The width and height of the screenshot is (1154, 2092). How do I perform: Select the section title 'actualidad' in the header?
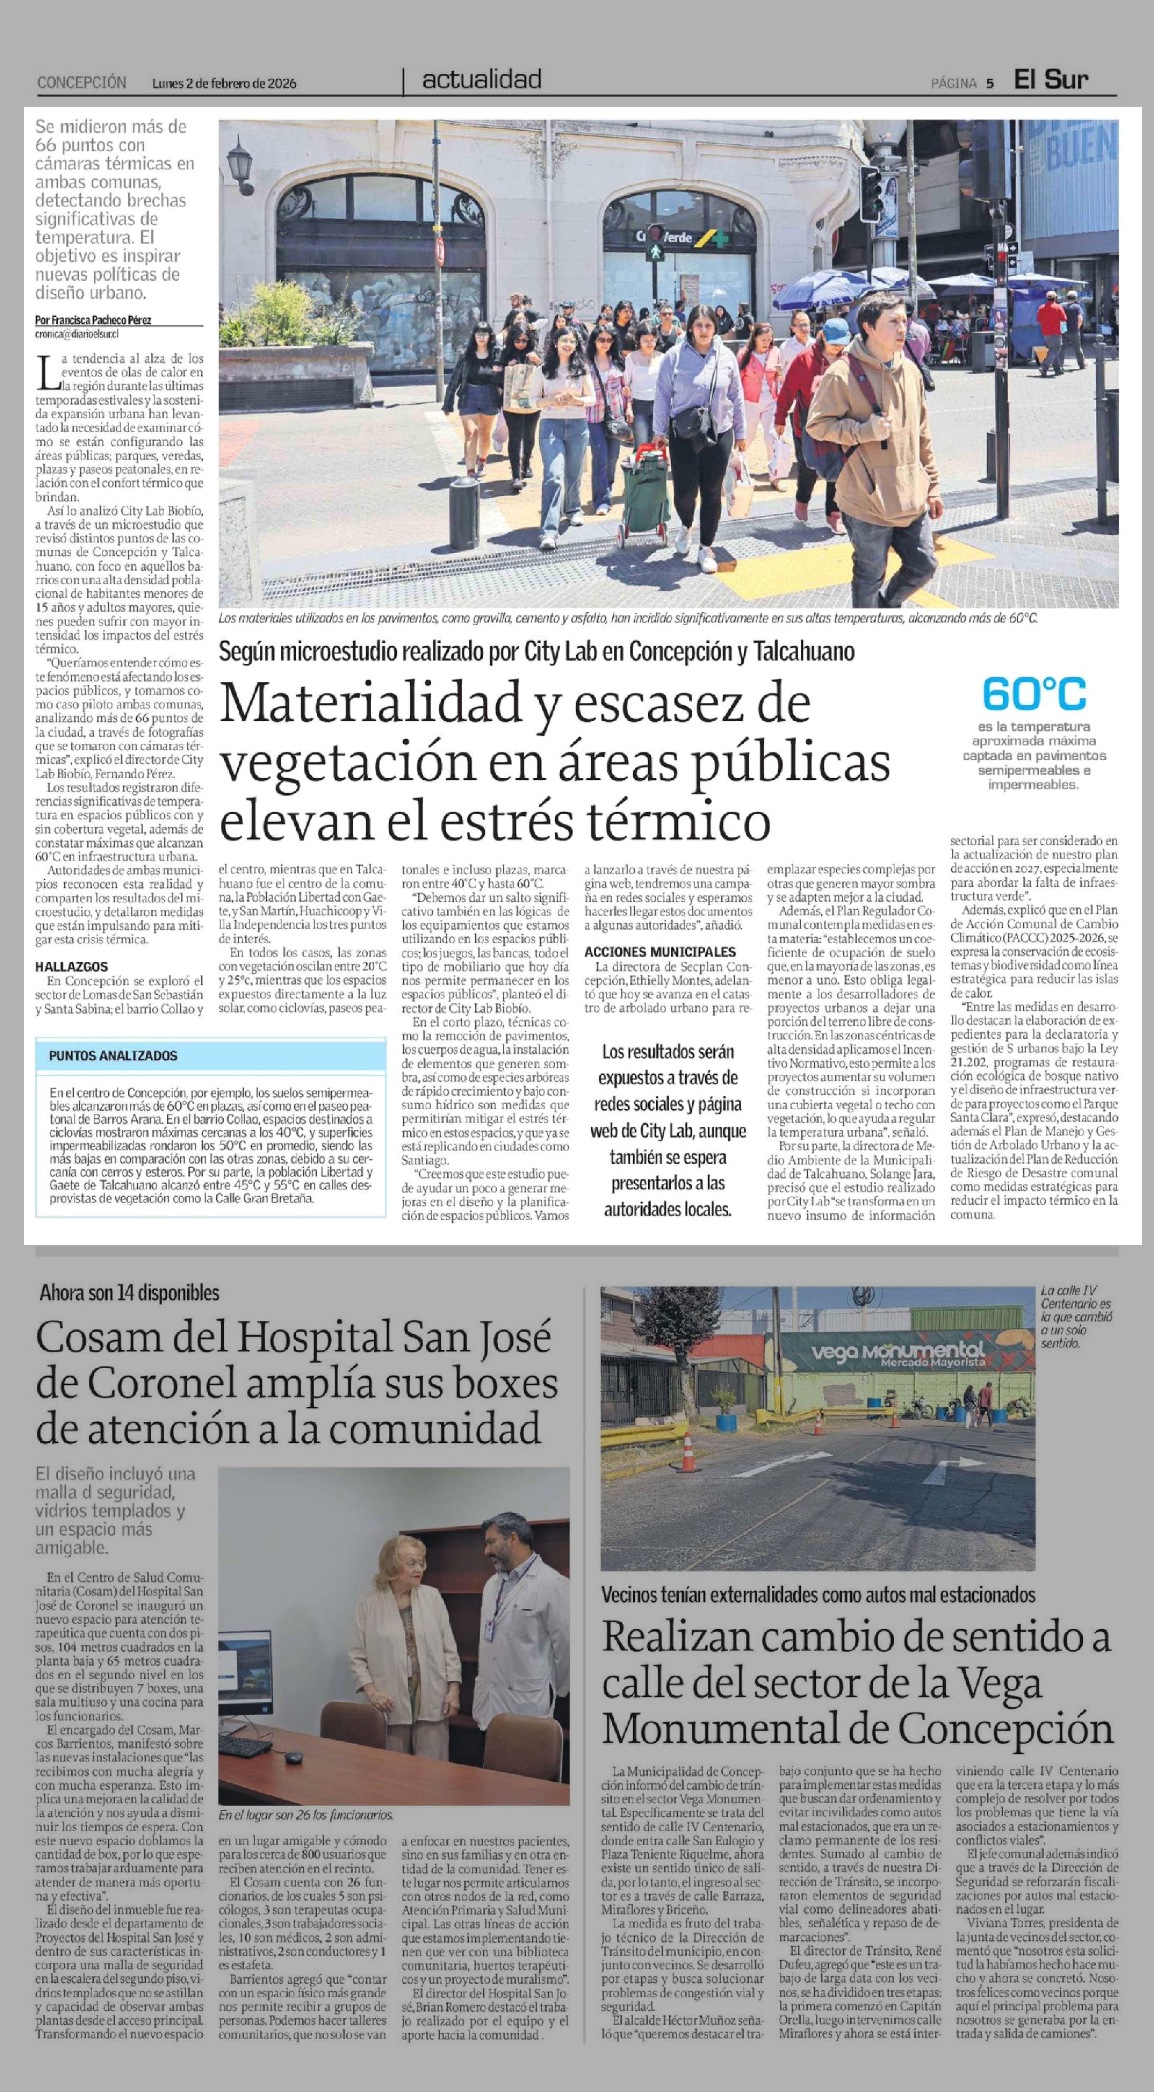(x=482, y=80)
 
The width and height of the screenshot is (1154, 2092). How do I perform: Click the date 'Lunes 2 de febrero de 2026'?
(x=224, y=83)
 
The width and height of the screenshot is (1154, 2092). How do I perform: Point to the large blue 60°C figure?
(x=1033, y=694)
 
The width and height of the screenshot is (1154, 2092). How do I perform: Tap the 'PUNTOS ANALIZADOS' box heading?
(x=113, y=1056)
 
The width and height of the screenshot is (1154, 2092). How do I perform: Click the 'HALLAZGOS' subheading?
(x=72, y=966)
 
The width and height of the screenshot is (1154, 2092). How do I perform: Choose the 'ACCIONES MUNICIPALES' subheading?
(x=659, y=952)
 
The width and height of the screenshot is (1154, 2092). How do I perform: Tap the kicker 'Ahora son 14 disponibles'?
(x=129, y=1293)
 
